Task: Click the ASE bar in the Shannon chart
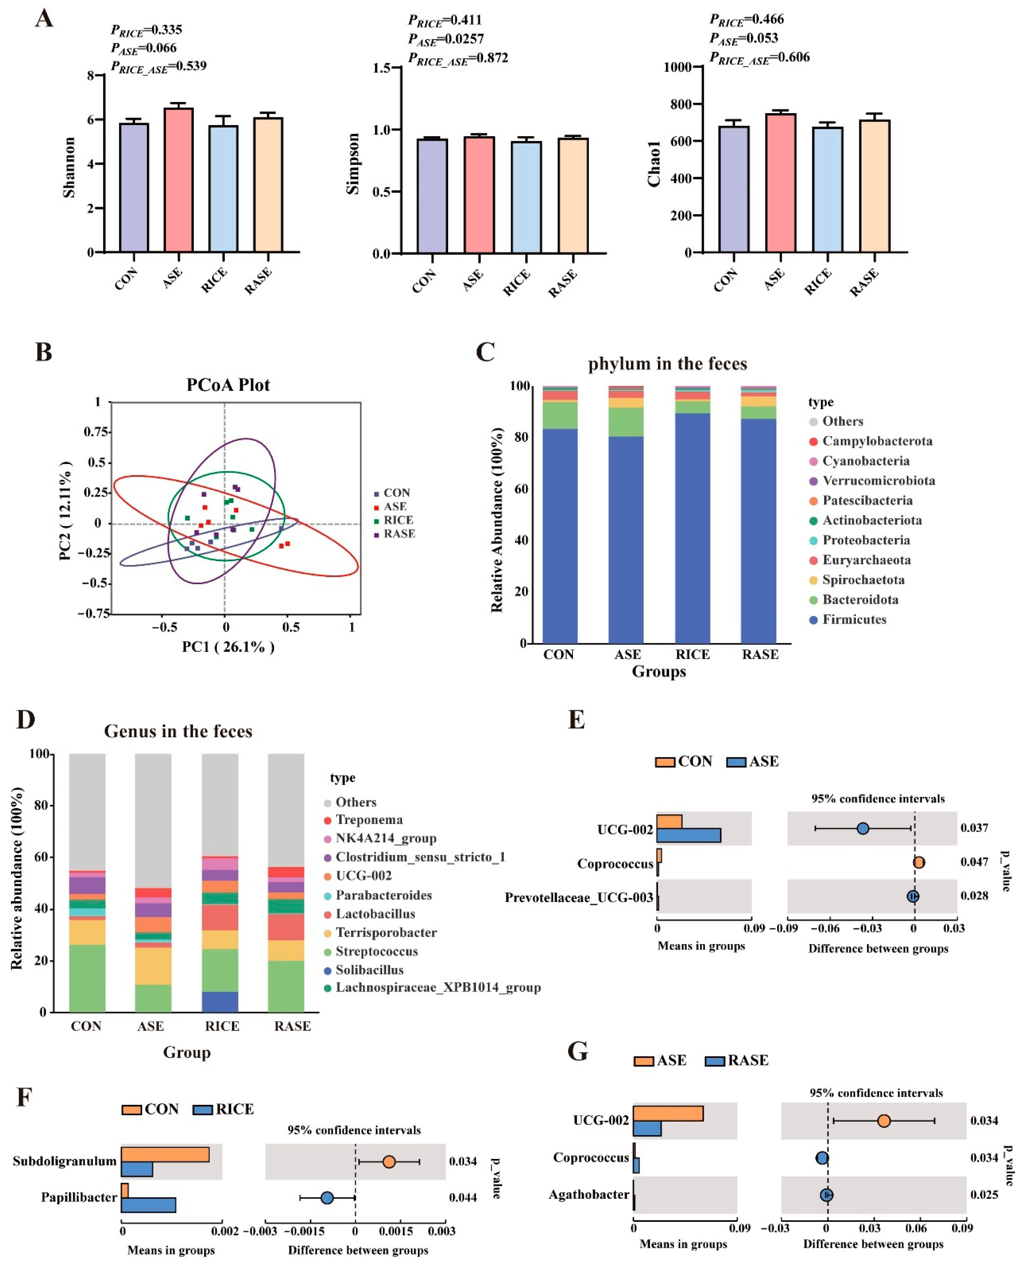tap(179, 180)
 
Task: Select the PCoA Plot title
tap(228, 385)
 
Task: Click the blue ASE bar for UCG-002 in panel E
tap(688, 835)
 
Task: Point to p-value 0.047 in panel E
tap(974, 862)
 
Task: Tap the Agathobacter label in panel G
tap(589, 1194)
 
